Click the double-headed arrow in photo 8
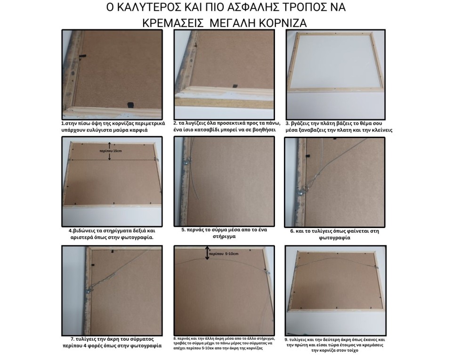(x=207, y=253)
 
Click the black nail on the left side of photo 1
(x=81, y=56)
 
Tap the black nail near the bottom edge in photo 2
(x=234, y=85)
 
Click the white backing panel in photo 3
(x=336, y=70)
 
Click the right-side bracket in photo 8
(x=267, y=272)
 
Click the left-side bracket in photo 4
(x=70, y=160)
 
